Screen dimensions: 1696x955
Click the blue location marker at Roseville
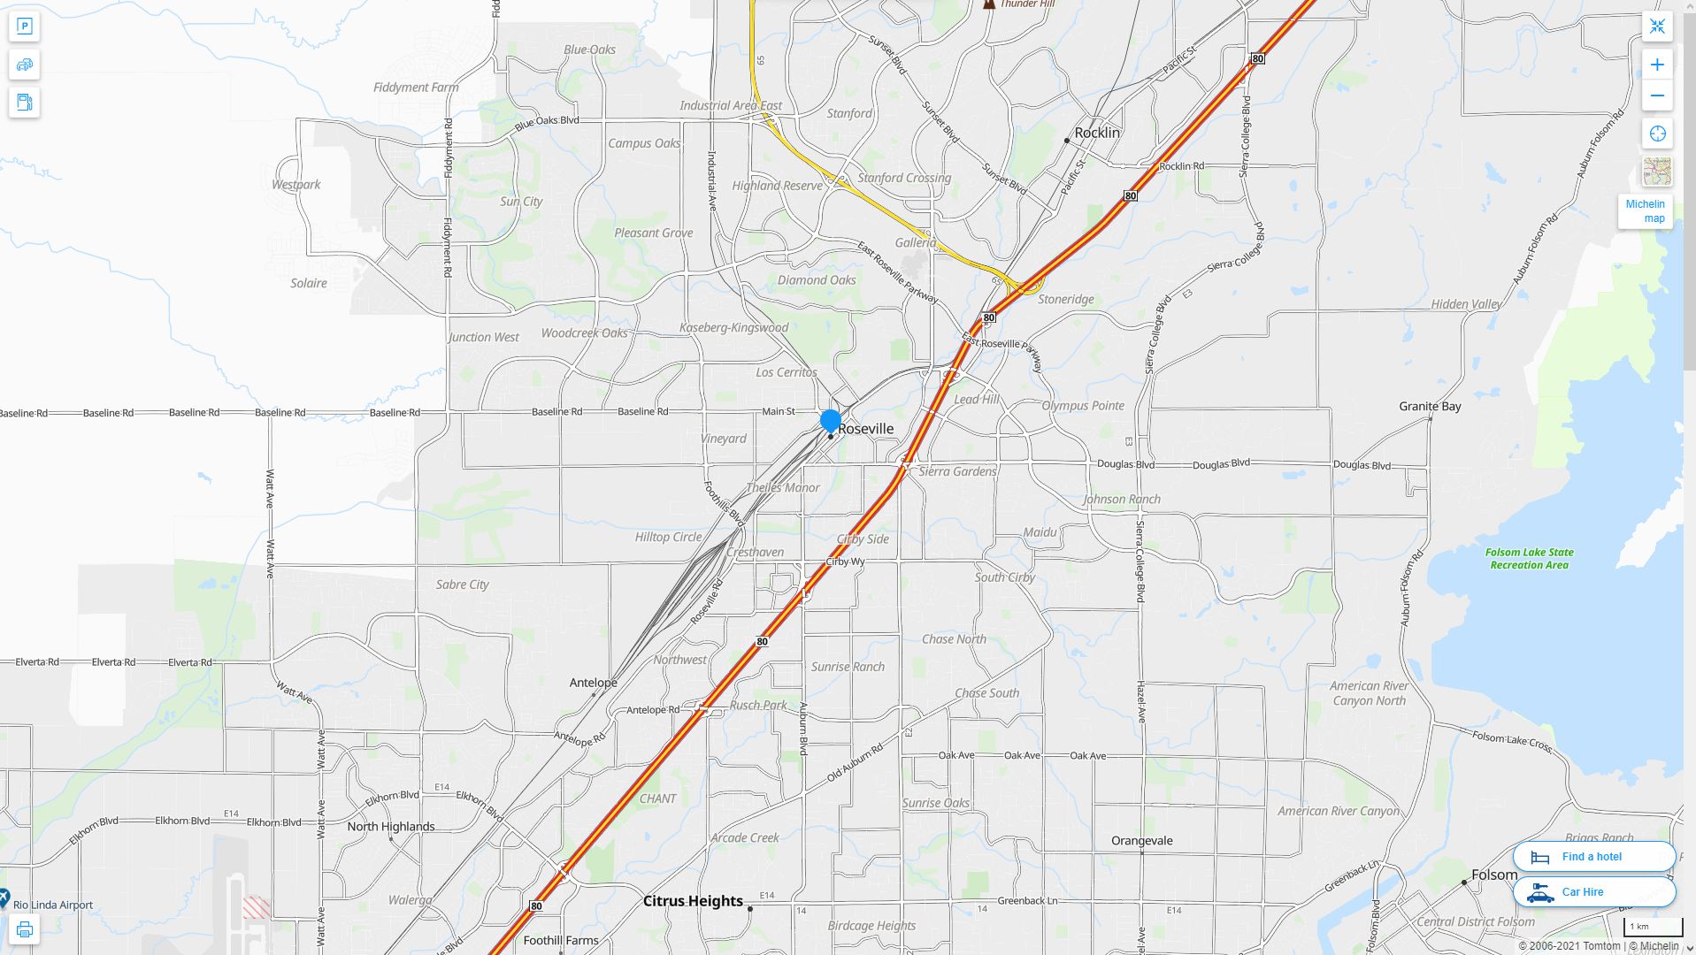click(x=830, y=421)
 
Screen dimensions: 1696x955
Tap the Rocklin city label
click(x=1096, y=133)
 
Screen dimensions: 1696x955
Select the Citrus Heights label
click(x=693, y=901)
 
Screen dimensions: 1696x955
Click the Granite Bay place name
click(x=1429, y=407)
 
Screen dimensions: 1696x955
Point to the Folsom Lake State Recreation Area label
click(x=1529, y=558)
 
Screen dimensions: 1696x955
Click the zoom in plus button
click(x=1657, y=65)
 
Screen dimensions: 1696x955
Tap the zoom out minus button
click(x=1657, y=95)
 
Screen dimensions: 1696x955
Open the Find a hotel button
click(x=1593, y=857)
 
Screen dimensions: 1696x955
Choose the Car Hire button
click(x=1593, y=892)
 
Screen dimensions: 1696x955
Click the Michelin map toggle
click(x=1645, y=211)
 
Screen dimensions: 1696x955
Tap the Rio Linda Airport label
click(x=53, y=905)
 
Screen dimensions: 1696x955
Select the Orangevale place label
click(x=1141, y=841)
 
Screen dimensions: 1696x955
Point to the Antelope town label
click(x=593, y=683)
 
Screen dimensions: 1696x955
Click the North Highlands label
click(x=390, y=827)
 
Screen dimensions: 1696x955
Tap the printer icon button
click(x=25, y=929)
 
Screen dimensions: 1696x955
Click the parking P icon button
click(x=25, y=27)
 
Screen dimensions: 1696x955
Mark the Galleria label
click(x=915, y=242)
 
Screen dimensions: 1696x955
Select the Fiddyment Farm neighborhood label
click(x=416, y=88)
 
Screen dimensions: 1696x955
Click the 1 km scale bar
click(x=1652, y=928)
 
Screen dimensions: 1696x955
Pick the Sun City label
click(x=521, y=202)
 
